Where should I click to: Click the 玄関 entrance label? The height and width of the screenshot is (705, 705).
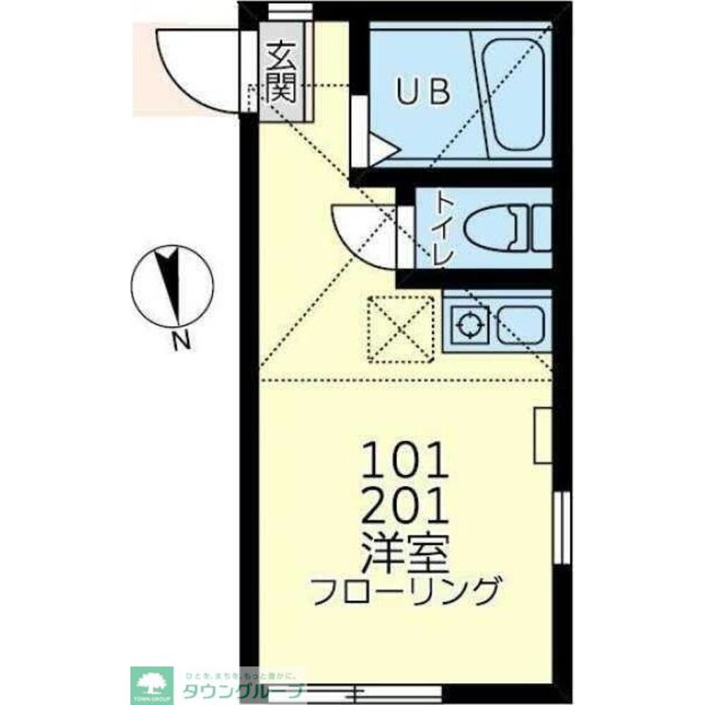pos(282,73)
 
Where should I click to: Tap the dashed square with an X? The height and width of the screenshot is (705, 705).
pos(400,329)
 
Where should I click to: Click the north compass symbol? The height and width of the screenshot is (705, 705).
pos(171,286)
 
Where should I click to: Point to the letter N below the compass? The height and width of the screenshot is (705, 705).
pos(181,343)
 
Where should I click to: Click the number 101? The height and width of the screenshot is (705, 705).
pos(405,462)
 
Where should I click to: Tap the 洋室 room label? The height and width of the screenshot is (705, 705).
pos(405,552)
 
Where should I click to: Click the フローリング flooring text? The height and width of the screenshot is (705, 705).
pos(407,591)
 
